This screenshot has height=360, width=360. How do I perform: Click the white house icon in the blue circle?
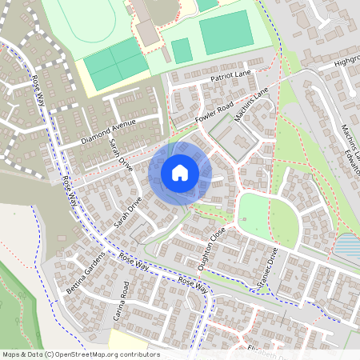click(x=180, y=172)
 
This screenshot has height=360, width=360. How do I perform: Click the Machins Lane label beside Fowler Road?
click(x=251, y=105)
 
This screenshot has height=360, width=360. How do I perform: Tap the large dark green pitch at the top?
click(x=225, y=33)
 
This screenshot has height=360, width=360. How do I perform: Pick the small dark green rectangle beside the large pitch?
click(x=182, y=50)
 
